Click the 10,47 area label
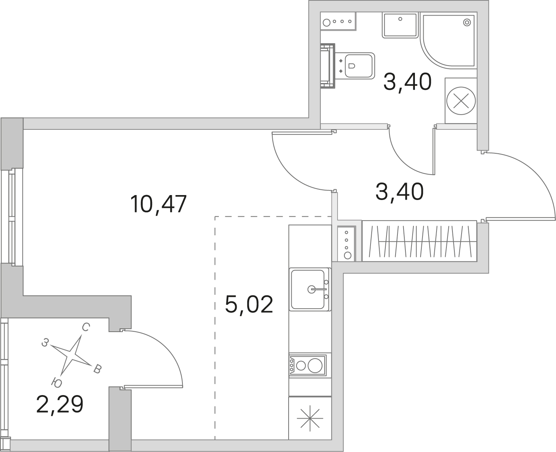(158, 204)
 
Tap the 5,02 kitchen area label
(249, 304)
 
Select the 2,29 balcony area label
(60, 404)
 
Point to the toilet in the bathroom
(355, 66)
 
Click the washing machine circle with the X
(461, 101)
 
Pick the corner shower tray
(448, 41)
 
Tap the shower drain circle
(467, 22)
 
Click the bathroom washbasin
(400, 25)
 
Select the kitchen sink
(310, 289)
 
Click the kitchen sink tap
(317, 289)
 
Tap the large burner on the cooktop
(315, 365)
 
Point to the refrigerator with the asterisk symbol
(310, 418)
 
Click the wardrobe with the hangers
(419, 241)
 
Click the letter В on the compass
(97, 369)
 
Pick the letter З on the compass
(45, 343)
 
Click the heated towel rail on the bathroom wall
(328, 66)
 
